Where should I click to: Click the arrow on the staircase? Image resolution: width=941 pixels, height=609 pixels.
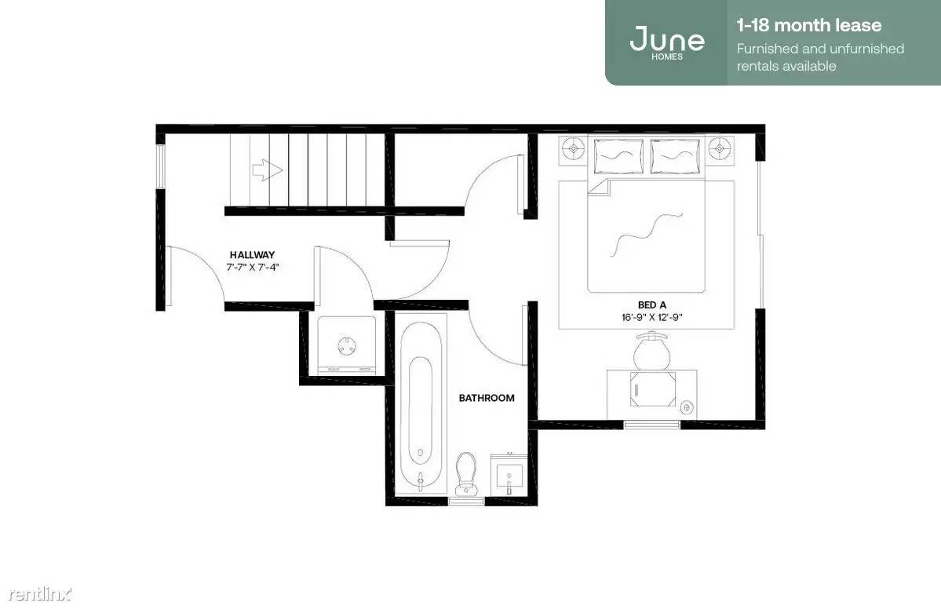(x=267, y=170)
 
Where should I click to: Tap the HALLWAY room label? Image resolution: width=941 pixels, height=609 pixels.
(x=252, y=255)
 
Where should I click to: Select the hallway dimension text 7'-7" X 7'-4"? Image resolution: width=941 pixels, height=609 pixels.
(x=253, y=268)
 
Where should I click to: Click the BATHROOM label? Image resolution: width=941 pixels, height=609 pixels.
(x=487, y=398)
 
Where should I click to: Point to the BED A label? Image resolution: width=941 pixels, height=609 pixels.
(x=651, y=304)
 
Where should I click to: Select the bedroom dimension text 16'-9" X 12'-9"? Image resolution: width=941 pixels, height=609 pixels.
(x=651, y=317)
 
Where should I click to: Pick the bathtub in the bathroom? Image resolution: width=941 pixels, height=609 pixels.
(x=421, y=407)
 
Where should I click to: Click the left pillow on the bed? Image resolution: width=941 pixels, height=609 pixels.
(x=618, y=156)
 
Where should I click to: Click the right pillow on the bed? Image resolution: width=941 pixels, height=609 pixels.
(x=675, y=156)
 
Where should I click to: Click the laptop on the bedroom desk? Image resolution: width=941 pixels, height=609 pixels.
(x=653, y=388)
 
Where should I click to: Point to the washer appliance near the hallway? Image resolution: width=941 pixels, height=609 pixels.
(x=347, y=345)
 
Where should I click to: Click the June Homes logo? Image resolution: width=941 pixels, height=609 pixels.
(x=667, y=42)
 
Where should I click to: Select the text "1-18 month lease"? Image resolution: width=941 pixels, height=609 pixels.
(x=809, y=25)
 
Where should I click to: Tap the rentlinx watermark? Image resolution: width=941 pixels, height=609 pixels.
(x=39, y=594)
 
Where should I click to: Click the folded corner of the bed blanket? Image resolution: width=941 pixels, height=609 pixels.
(x=598, y=186)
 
